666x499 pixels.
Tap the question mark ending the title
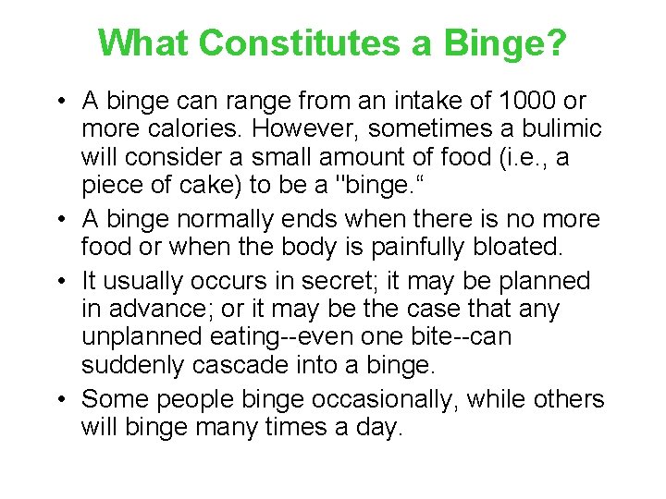[x=554, y=43]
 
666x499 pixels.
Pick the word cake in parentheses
[x=214, y=186]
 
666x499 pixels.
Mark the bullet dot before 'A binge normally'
[x=61, y=220]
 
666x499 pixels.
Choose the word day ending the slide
[x=382, y=428]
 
